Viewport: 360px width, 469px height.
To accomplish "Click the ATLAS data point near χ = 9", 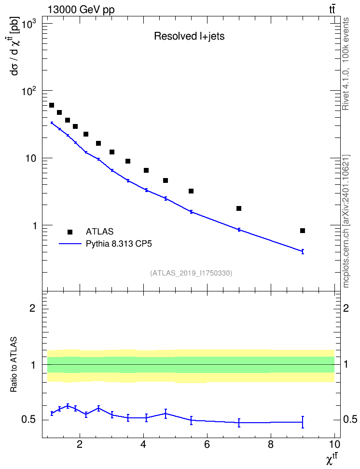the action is pos(303,231).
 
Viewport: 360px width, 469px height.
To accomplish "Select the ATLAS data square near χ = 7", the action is pos(239,208).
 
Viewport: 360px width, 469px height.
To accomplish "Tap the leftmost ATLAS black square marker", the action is pos(52,105).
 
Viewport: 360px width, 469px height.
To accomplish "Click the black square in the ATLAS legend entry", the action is pos(70,232).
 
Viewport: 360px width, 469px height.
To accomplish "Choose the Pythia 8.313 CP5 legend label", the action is pos(119,244).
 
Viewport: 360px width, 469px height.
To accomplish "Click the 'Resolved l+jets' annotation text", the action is pos(189,36).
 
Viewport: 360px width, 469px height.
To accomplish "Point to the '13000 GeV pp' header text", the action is pos(81,10).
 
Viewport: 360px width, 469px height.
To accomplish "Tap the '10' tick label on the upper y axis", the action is pos(30,159).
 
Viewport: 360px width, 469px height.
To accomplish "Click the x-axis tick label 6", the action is pos(207,444).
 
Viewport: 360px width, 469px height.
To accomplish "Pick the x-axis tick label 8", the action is pos(271,444).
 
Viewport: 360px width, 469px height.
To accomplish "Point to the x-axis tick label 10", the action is pos(334,444).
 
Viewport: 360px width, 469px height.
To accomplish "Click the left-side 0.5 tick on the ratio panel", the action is pos(28,420).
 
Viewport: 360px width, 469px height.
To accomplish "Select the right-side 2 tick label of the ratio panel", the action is pos(346,308).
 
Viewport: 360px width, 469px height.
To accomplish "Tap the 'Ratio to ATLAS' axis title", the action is pos(14,364).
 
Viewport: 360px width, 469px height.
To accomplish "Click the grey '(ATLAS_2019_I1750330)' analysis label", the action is pos(191,273).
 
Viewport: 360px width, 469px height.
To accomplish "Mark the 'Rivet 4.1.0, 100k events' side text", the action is pos(346,64).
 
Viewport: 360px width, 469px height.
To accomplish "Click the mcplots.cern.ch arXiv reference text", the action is pos(346,221).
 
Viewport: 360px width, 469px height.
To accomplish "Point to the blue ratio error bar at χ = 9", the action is pos(303,422).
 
